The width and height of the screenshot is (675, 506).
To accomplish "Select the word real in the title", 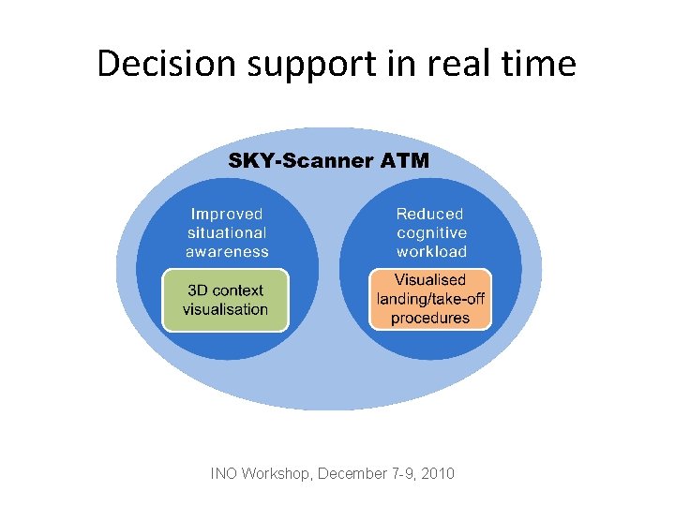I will coord(452,64).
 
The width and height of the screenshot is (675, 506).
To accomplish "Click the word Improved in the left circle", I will coord(227,215).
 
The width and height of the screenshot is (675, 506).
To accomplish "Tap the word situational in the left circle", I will coord(227,232).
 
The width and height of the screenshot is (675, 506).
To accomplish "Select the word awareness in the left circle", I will coord(227,251).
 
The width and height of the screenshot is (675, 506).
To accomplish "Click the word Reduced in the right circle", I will coord(430,215).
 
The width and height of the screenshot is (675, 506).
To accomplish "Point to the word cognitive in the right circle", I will coord(431,232).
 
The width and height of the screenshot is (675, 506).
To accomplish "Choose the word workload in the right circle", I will coord(431,251).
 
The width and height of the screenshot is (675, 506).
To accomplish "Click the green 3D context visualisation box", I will coord(225,300).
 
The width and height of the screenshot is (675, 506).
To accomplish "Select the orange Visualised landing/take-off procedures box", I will coord(430,299).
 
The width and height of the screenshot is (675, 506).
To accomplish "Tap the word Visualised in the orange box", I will coord(430,280).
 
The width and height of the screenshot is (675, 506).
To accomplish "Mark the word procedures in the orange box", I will coord(430,318).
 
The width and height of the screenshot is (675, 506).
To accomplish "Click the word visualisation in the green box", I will coord(225,309).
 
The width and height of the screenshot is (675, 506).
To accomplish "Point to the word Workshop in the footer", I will coord(277,473).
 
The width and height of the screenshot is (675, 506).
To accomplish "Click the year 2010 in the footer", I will coord(438,473).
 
